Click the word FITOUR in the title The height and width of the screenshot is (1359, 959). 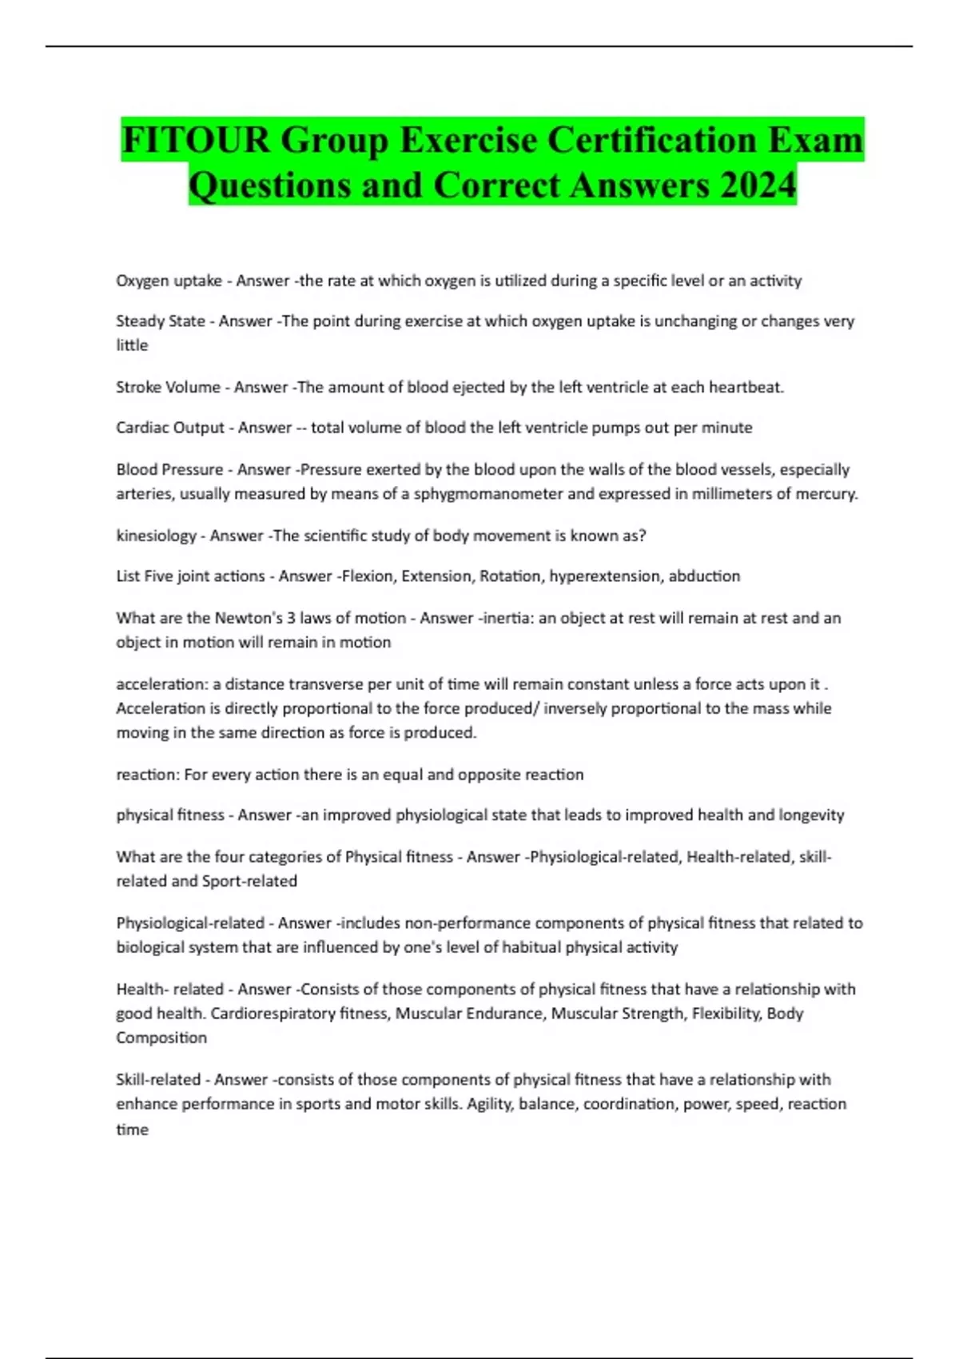click(195, 141)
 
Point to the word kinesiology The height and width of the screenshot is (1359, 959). click(156, 536)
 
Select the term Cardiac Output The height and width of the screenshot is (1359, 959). click(170, 428)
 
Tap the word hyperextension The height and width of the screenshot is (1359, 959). click(604, 576)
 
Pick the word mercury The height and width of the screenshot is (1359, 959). click(828, 494)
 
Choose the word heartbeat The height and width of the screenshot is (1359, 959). click(746, 387)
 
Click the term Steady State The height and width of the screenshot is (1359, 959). click(161, 321)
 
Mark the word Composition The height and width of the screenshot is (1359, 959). click(161, 1038)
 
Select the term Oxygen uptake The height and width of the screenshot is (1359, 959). click(169, 281)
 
